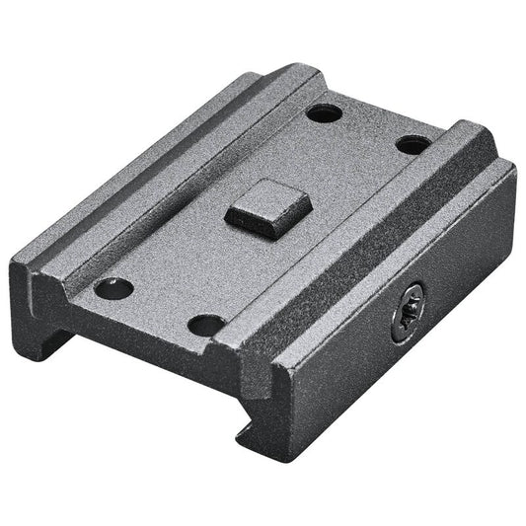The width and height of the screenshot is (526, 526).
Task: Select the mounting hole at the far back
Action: click(324, 113)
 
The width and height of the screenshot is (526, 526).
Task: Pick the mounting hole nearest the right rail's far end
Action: click(413, 144)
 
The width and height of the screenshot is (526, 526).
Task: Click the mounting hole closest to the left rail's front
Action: click(113, 288)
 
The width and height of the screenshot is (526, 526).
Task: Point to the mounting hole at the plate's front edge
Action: click(206, 324)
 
